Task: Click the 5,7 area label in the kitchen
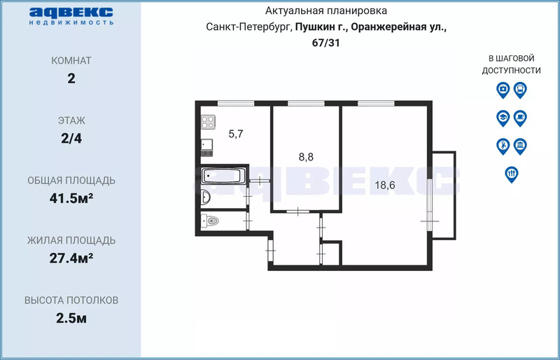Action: (x=236, y=134)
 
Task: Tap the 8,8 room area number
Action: (x=306, y=157)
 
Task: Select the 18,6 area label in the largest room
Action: (x=385, y=185)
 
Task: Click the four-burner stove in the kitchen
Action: (x=208, y=122)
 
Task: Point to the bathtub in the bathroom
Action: (x=222, y=176)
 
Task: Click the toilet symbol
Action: (x=210, y=221)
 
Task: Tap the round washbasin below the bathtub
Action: (x=205, y=197)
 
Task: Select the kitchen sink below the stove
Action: (x=206, y=144)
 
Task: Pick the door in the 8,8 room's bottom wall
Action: (x=298, y=212)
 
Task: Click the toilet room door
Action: (x=248, y=221)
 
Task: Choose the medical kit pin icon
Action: (x=503, y=90)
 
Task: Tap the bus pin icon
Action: (x=520, y=90)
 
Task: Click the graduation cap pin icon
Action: (x=503, y=118)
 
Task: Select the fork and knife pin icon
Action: (x=512, y=174)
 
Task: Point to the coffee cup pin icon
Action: (x=520, y=118)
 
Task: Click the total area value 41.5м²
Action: (x=71, y=198)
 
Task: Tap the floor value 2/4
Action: (x=71, y=138)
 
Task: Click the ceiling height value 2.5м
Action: (x=71, y=318)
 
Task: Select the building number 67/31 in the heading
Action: (x=326, y=43)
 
